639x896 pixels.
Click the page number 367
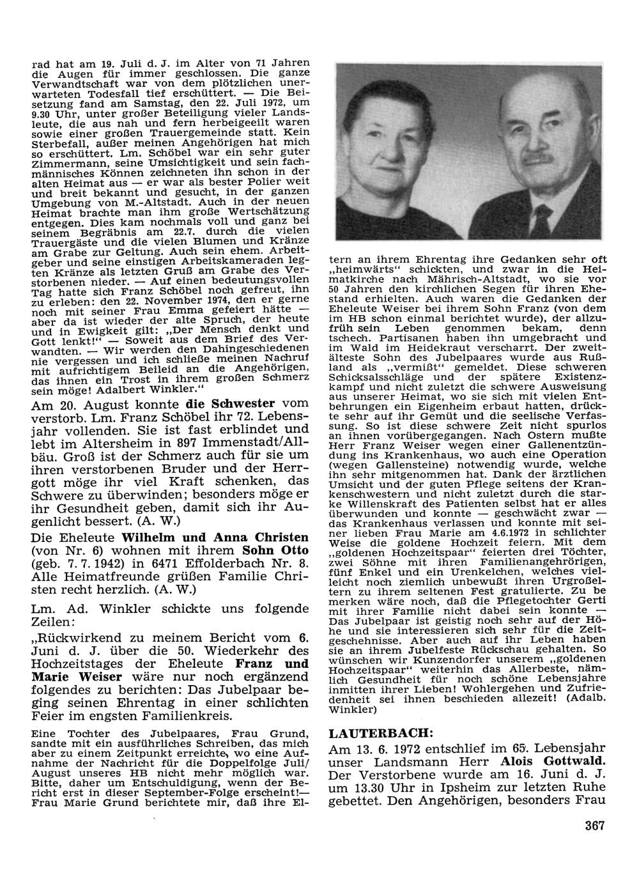pyautogui.click(x=594, y=825)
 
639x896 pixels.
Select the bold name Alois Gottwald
pyautogui.click(x=553, y=761)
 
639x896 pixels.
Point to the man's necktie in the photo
pyautogui.click(x=544, y=220)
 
